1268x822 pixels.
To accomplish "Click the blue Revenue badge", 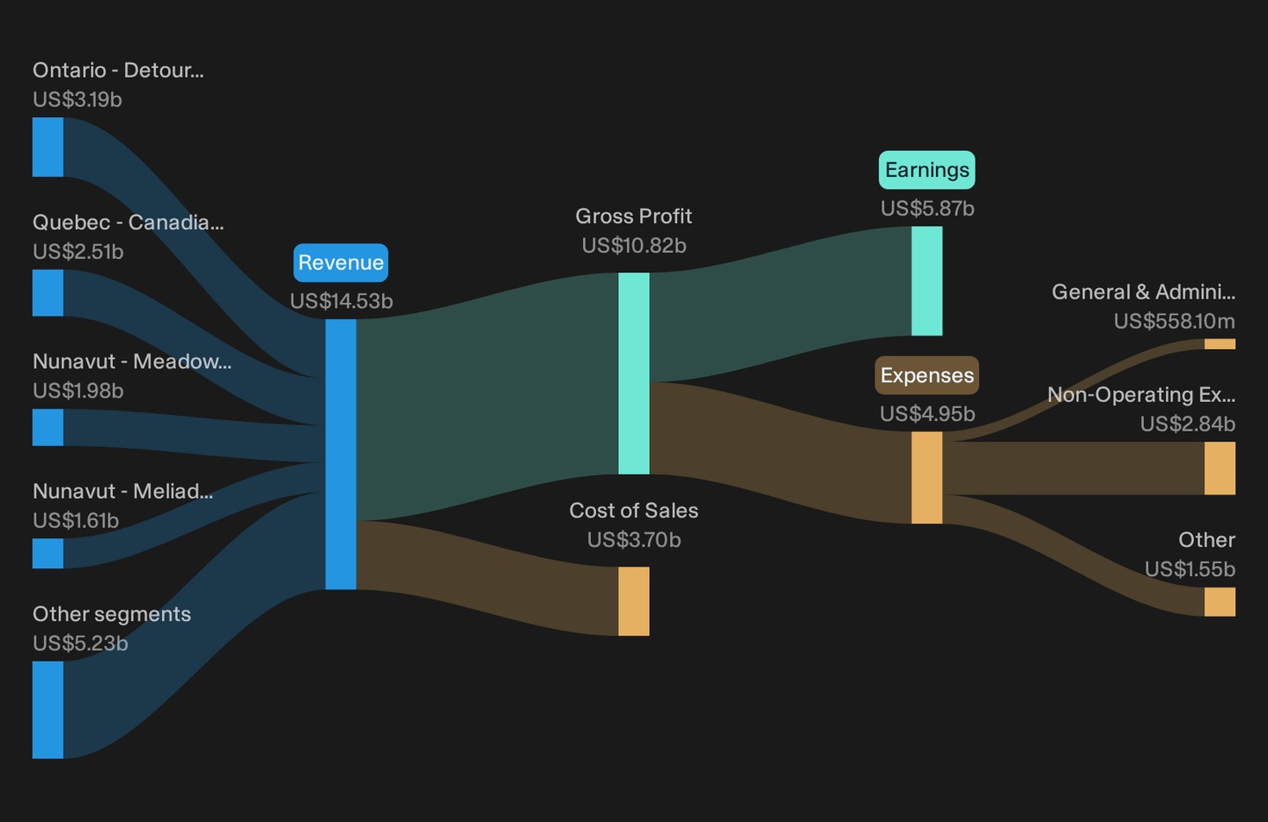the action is click(341, 263).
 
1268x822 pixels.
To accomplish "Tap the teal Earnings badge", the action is click(926, 170).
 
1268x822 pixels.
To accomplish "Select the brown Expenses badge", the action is click(926, 375).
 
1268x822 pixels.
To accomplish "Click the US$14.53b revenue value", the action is click(342, 300).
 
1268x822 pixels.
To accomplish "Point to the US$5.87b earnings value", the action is click(927, 209).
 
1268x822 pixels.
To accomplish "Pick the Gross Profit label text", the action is click(633, 216).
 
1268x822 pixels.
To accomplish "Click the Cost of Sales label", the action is click(633, 510).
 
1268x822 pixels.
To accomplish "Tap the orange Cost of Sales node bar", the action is click(633, 601).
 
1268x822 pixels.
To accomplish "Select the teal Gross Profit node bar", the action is click(633, 374).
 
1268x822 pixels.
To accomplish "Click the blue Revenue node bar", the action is click(341, 455).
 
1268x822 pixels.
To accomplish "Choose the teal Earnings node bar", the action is click(926, 281).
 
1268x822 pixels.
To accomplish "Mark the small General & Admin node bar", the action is click(1220, 344).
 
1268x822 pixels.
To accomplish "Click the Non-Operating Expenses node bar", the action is click(1220, 469).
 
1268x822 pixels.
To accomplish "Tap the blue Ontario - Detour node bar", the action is click(48, 147).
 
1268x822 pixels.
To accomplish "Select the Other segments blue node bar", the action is click(48, 710).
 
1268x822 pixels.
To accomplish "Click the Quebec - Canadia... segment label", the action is click(128, 223).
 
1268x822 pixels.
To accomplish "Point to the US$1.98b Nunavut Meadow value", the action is click(78, 391).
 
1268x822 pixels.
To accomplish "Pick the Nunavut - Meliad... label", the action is click(123, 491).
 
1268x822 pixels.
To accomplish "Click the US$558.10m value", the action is click(1175, 322).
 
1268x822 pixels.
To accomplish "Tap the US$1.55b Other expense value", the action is click(1190, 569).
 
